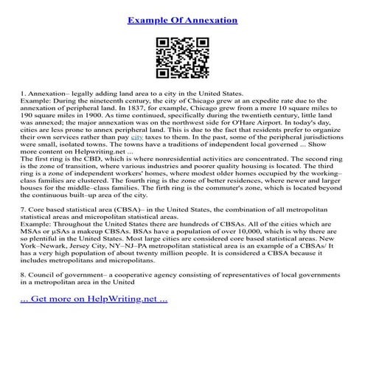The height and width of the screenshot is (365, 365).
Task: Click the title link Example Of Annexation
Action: (182, 20)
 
